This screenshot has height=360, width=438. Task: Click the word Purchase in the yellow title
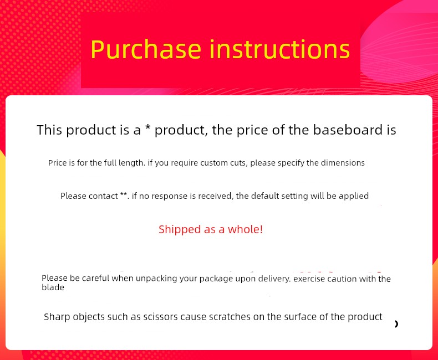click(146, 50)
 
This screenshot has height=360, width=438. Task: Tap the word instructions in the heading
click(279, 49)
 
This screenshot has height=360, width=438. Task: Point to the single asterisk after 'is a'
click(148, 128)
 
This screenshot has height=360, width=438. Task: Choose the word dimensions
click(343, 163)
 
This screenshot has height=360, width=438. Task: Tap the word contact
click(103, 196)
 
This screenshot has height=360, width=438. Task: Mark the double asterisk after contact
click(124, 194)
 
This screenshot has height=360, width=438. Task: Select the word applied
click(354, 196)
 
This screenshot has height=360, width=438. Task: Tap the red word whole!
click(245, 229)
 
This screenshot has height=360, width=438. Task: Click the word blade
click(53, 287)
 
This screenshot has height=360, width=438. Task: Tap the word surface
click(301, 317)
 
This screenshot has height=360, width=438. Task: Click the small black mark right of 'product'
click(396, 323)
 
